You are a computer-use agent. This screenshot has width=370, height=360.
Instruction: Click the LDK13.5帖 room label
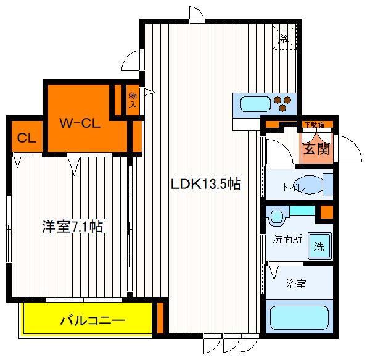coord(205,183)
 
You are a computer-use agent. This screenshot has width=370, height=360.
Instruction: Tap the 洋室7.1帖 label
coord(72,227)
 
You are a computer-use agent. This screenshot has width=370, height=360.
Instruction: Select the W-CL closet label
coord(80,123)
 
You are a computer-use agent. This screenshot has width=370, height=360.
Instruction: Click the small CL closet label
coord(25,138)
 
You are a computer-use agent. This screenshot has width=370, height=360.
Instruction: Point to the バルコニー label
coord(92,320)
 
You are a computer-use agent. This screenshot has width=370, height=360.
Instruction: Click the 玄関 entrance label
coord(316,149)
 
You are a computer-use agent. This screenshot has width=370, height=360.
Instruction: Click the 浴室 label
coord(296,285)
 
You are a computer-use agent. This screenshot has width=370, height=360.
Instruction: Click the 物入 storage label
coord(133,100)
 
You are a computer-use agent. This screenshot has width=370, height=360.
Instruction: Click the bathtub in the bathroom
coord(300,316)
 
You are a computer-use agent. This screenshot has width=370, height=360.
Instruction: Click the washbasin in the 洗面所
coord(276,217)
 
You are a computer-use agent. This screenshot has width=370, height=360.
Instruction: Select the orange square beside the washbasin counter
coord(326,214)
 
